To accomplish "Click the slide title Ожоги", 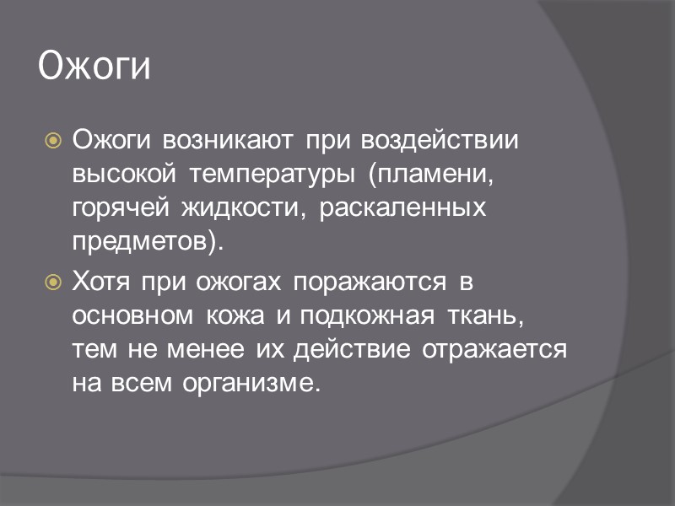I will tap(94, 67).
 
